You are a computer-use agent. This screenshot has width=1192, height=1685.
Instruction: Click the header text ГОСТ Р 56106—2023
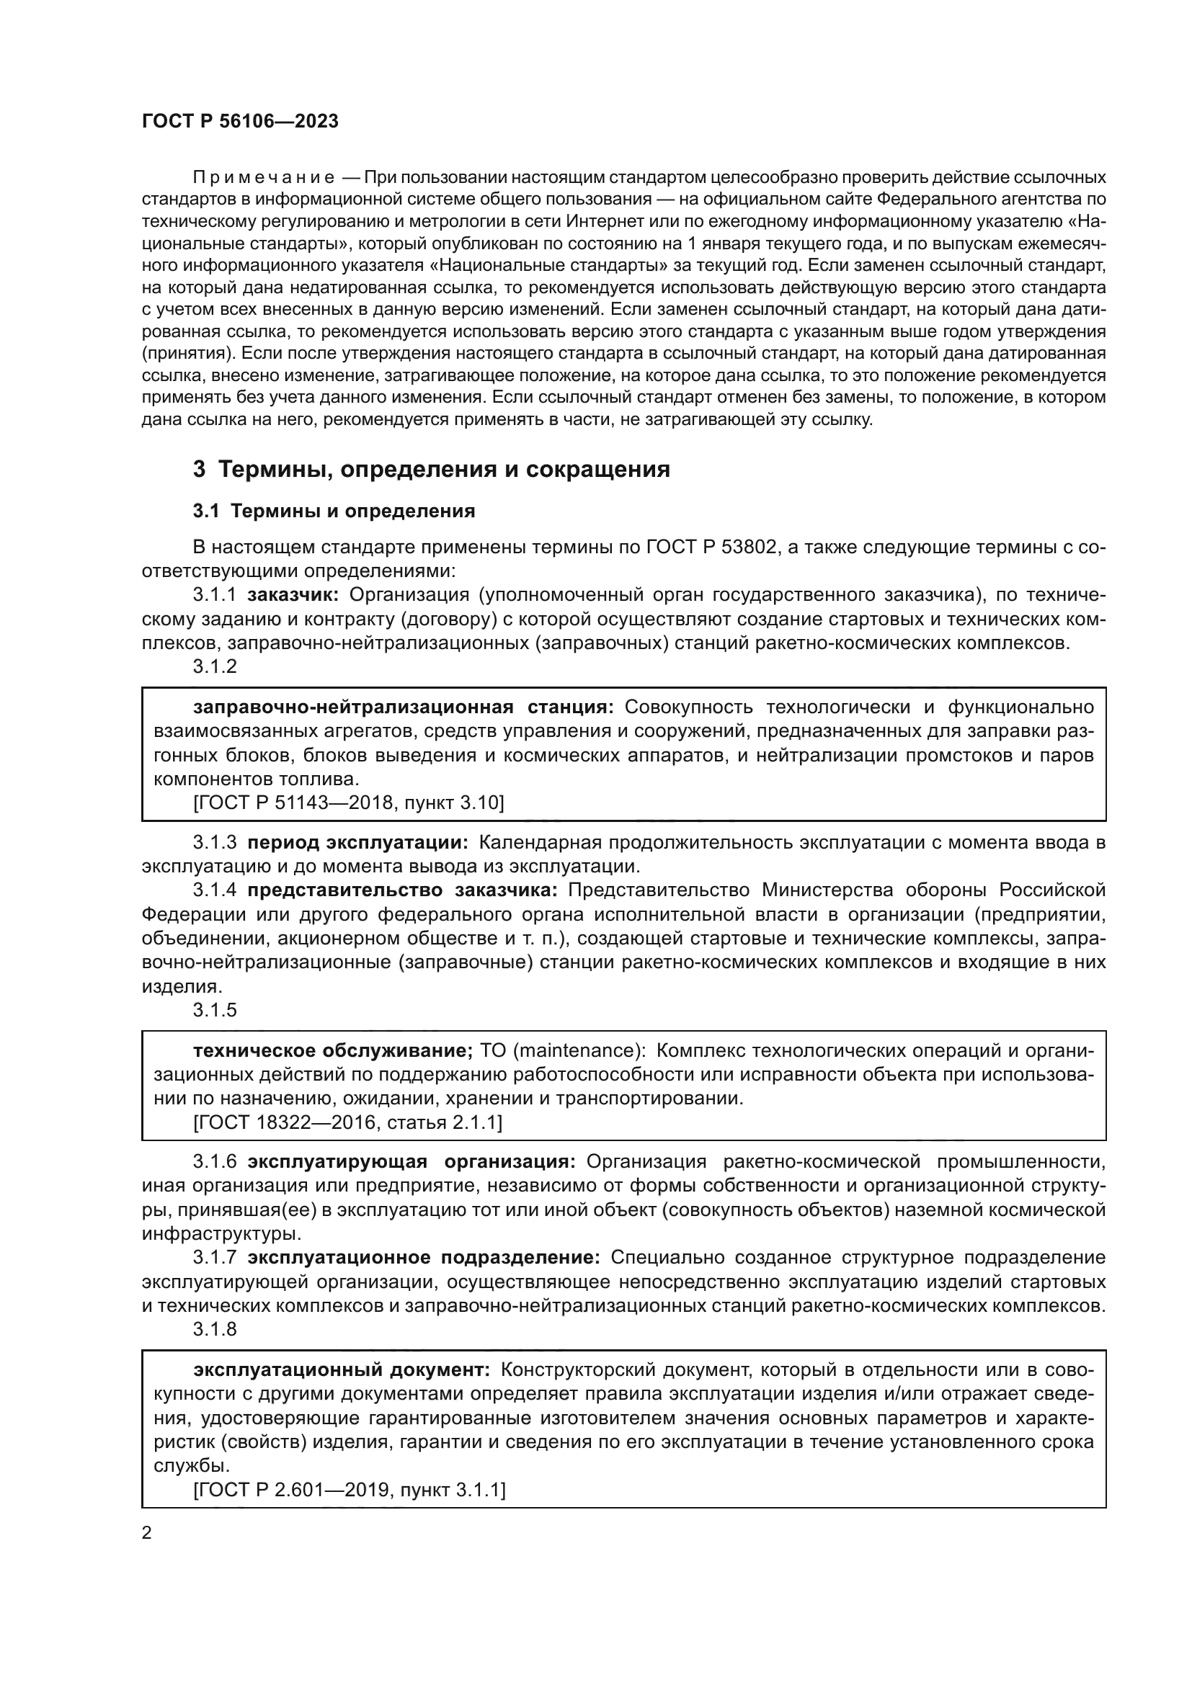point(240,122)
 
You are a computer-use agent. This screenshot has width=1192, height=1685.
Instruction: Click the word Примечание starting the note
point(264,178)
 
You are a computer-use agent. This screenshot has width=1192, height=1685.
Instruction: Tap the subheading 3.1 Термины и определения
point(334,511)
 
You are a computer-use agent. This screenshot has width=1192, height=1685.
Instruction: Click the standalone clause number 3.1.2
point(215,666)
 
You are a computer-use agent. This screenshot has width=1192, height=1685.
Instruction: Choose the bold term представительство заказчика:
point(403,890)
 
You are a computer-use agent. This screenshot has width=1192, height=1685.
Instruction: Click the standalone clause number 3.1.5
point(215,1010)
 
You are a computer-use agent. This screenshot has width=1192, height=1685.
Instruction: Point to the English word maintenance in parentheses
point(577,1051)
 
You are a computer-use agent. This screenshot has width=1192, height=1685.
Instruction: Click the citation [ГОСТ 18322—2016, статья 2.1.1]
point(347,1122)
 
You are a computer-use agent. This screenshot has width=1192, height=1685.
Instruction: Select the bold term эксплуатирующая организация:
point(412,1162)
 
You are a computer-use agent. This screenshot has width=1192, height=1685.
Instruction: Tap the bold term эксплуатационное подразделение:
point(424,1258)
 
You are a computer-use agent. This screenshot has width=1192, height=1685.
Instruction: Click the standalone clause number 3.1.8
point(215,1329)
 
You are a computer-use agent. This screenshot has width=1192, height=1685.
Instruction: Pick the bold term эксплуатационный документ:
point(342,1370)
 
